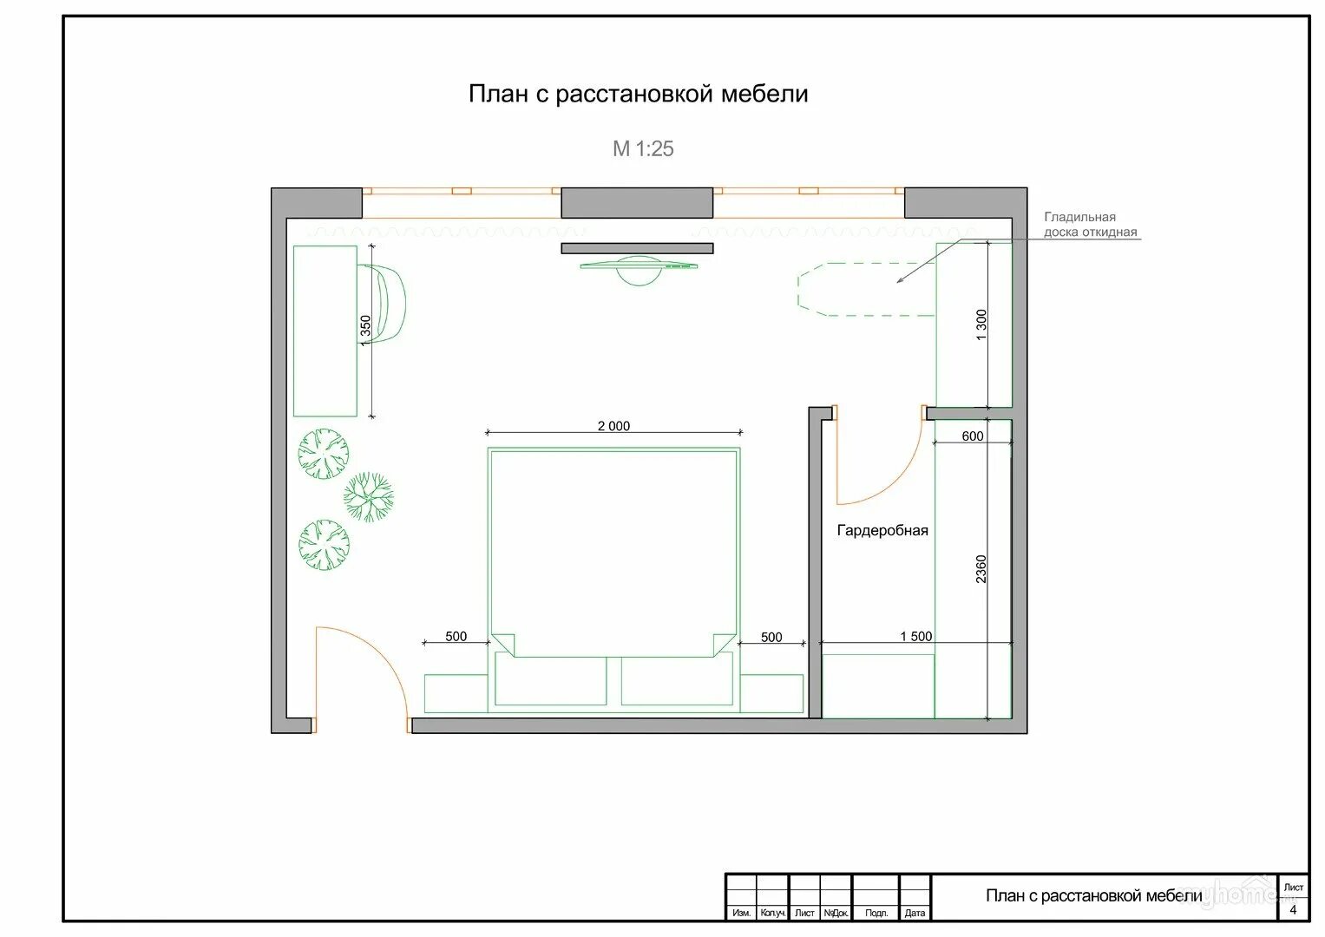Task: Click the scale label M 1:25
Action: [643, 148]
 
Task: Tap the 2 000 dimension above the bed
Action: [613, 426]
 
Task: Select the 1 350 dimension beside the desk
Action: [365, 330]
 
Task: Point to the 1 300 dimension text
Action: [981, 324]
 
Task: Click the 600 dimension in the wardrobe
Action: [973, 436]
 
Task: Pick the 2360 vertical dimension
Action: [981, 569]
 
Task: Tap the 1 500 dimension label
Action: [916, 637]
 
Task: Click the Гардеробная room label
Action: [882, 531]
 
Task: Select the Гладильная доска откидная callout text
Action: [1090, 225]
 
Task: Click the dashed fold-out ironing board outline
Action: [866, 289]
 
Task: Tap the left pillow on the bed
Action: [551, 678]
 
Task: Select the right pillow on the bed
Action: [678, 678]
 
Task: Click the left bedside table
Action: [456, 693]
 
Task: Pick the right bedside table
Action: [772, 693]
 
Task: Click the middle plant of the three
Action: [369, 497]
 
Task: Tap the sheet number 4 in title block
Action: [1293, 910]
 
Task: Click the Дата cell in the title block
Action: [915, 913]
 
